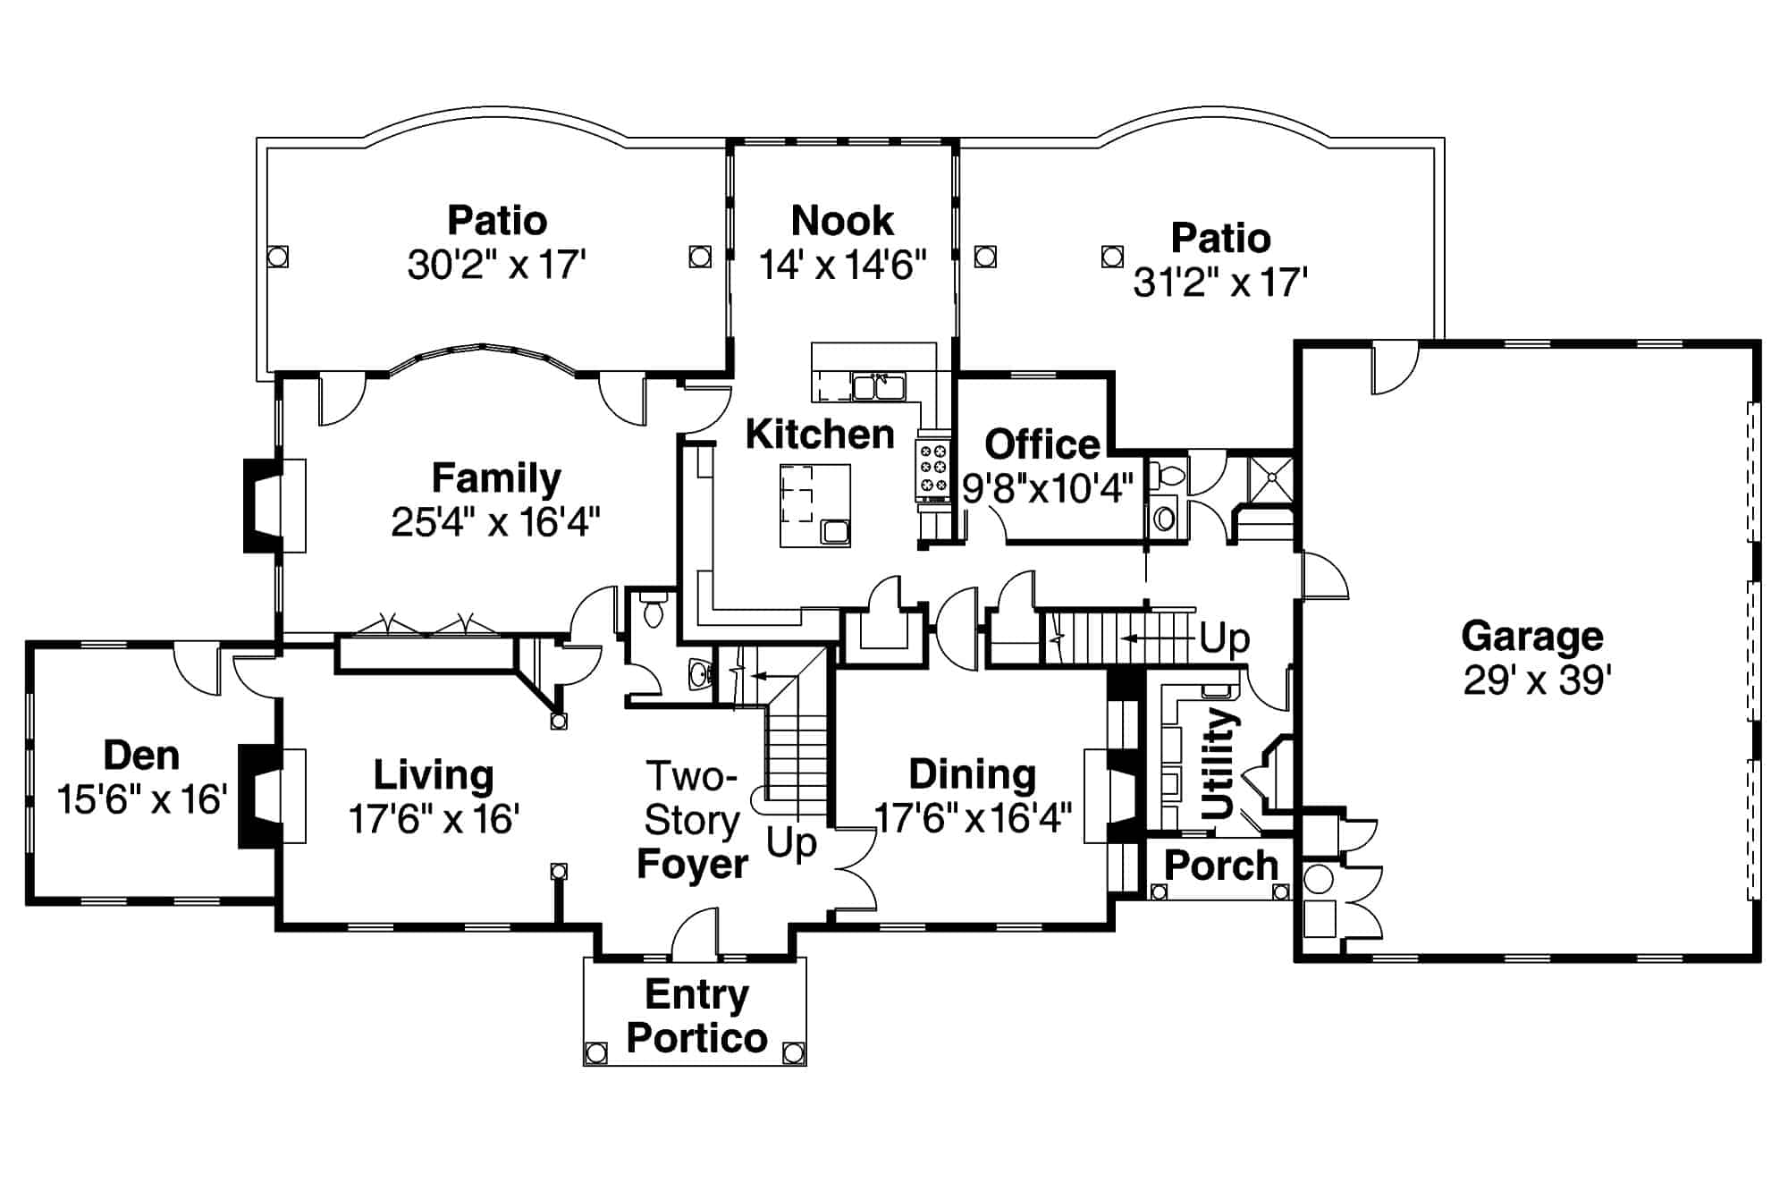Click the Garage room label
(1532, 637)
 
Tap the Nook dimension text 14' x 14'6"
(842, 266)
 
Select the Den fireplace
(255, 796)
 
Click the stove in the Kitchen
(933, 469)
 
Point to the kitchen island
(814, 505)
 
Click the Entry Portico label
(696, 1016)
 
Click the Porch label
(1221, 866)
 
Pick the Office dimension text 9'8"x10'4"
(1048, 489)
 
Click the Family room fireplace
(261, 505)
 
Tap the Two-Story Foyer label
(692, 820)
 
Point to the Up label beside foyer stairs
(791, 842)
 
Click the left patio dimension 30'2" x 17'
(496, 266)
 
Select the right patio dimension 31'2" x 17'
(1220, 283)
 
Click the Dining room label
(973, 774)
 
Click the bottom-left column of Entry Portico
(595, 1052)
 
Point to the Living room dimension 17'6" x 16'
(434, 818)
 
